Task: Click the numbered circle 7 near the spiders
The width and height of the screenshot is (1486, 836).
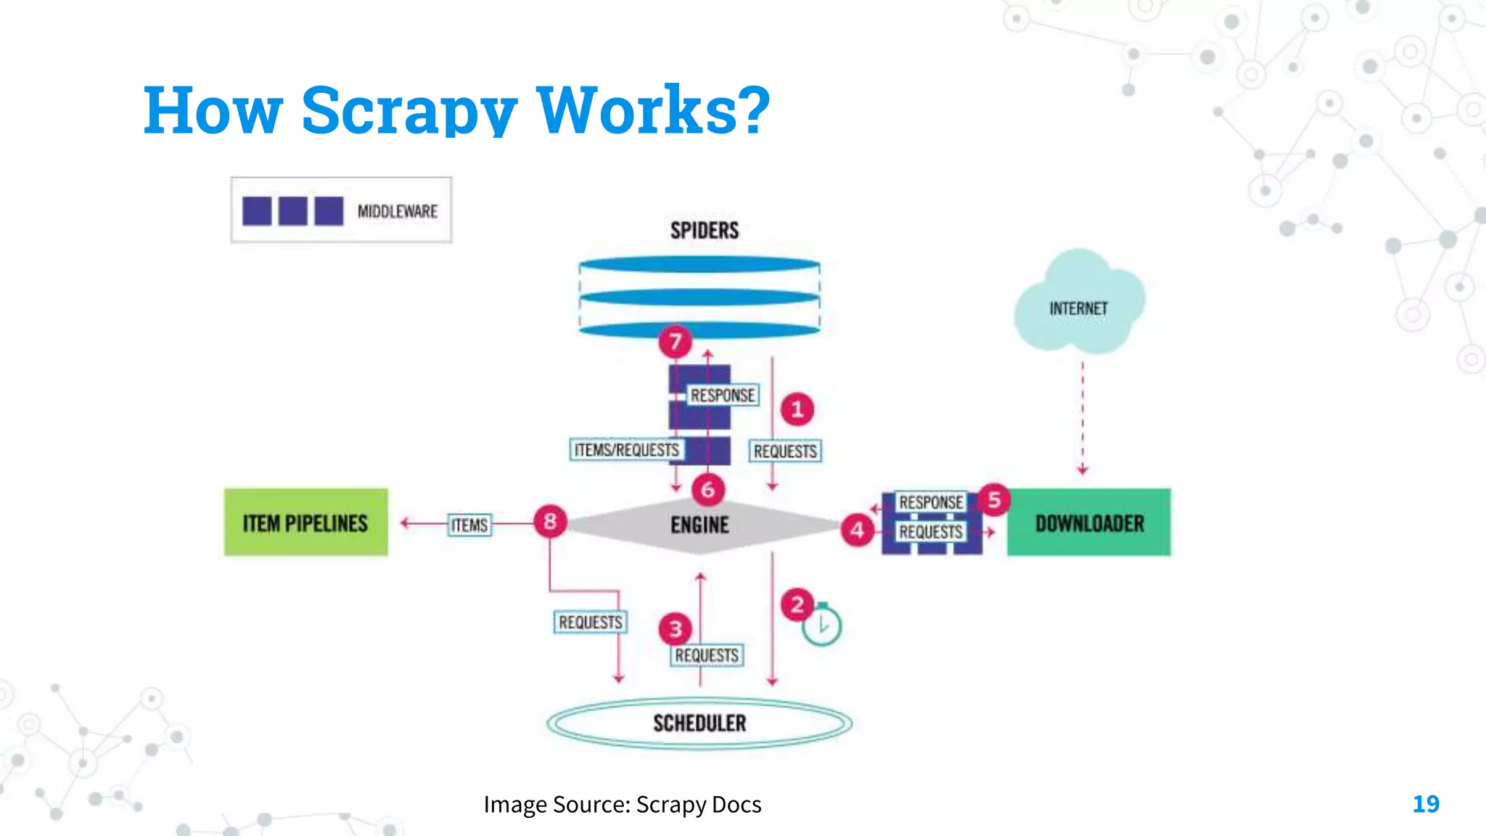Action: click(x=676, y=341)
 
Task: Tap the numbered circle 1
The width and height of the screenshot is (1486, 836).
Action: click(x=797, y=409)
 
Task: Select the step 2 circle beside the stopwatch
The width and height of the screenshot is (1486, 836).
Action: click(x=797, y=605)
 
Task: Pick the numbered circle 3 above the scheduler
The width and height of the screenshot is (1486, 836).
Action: click(x=676, y=628)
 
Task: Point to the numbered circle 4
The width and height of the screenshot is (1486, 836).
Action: click(x=858, y=530)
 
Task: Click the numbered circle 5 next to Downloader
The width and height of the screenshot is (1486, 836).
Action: click(x=994, y=500)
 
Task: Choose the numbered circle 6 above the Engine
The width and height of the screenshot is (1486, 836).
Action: click(x=708, y=490)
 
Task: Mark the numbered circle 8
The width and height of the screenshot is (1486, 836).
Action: click(x=550, y=521)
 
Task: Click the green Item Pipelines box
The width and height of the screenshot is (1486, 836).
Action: click(x=305, y=522)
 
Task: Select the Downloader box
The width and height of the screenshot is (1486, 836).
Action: click(x=1088, y=522)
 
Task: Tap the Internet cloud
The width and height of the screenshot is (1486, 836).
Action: click(x=1079, y=305)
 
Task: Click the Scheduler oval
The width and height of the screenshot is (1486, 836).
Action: click(x=699, y=723)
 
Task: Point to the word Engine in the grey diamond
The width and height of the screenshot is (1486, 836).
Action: click(x=699, y=525)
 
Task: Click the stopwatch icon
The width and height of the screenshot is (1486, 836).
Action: click(x=822, y=626)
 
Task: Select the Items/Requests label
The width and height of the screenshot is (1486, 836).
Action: click(x=627, y=450)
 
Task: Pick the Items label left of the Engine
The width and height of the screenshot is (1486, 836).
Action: click(x=469, y=525)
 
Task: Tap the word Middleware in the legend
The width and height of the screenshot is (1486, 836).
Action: click(x=398, y=211)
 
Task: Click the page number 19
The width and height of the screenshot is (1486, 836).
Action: click(x=1426, y=804)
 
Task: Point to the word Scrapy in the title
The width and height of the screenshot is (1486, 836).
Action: click(x=409, y=110)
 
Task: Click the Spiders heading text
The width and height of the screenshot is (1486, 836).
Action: click(x=705, y=231)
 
